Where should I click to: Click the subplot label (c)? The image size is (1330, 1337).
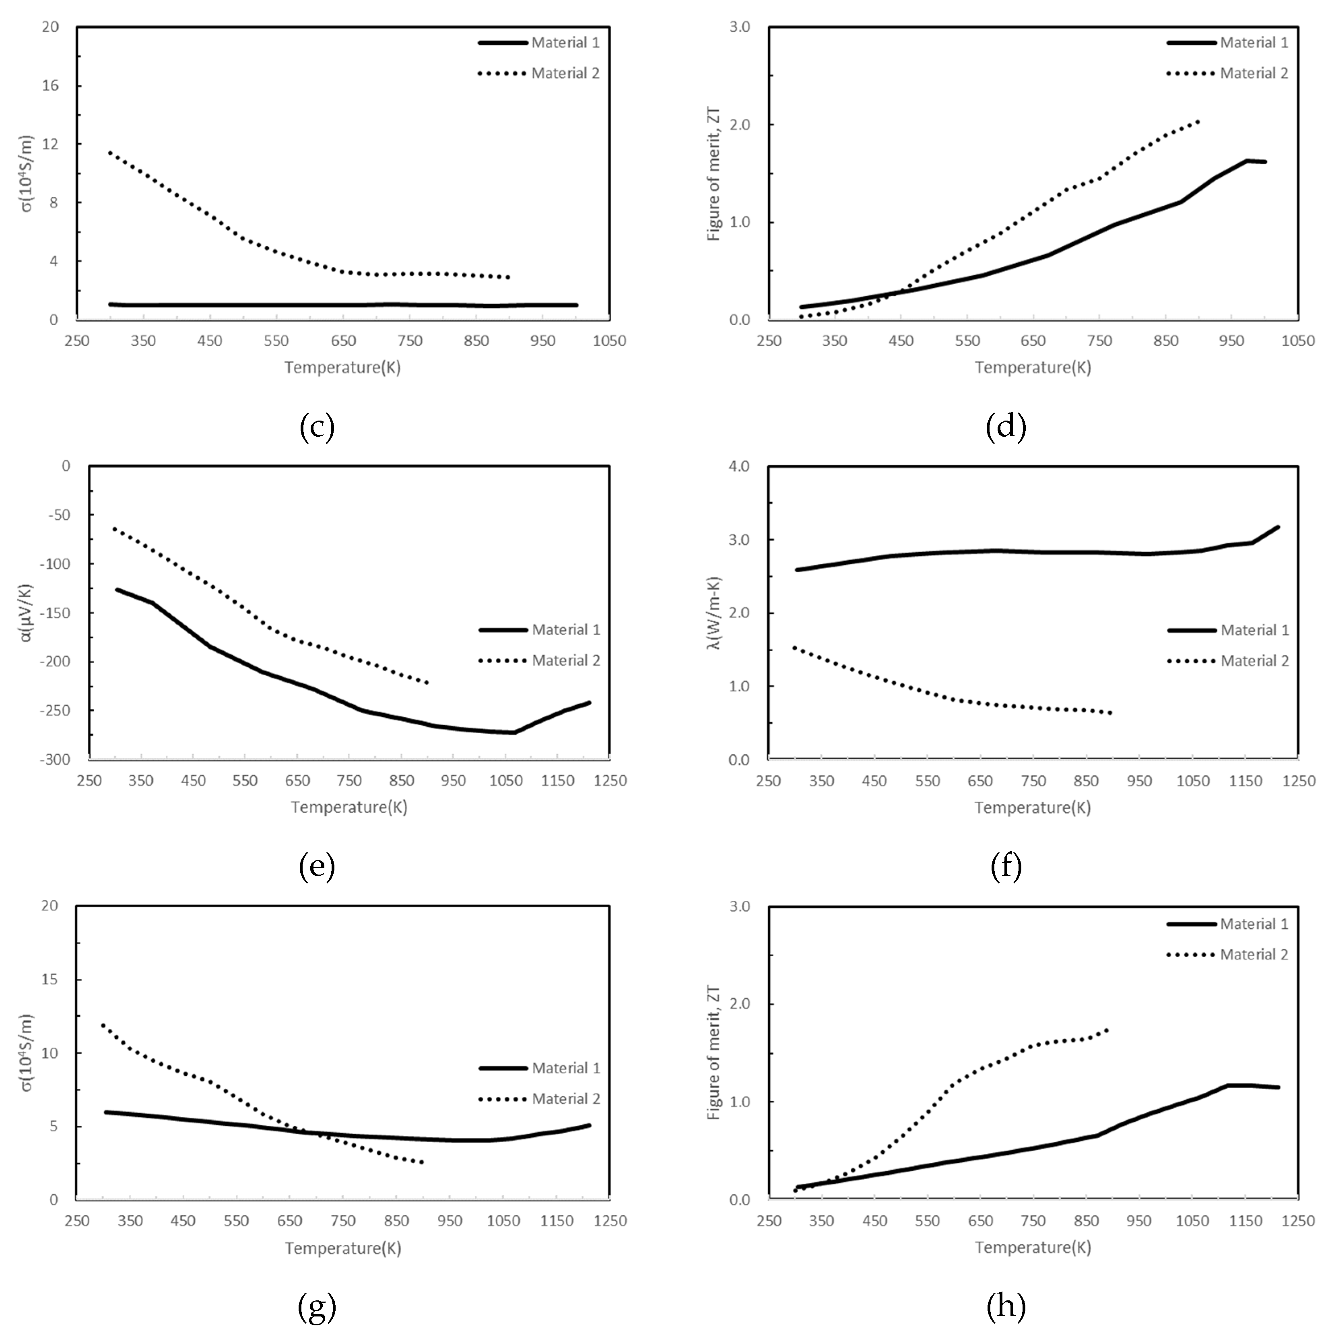[317, 427]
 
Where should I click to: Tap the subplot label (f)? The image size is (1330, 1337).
[1006, 866]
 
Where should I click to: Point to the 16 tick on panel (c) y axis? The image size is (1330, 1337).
[53, 86]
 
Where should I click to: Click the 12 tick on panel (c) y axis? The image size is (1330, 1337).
[53, 144]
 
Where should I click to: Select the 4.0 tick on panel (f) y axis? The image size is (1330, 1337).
[739, 466]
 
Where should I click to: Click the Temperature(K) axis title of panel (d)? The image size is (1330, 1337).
[1033, 367]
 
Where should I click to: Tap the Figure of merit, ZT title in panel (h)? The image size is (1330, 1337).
[713, 1052]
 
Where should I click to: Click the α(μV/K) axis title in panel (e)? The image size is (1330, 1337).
[26, 613]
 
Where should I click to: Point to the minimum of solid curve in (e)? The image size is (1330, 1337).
[514, 732]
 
